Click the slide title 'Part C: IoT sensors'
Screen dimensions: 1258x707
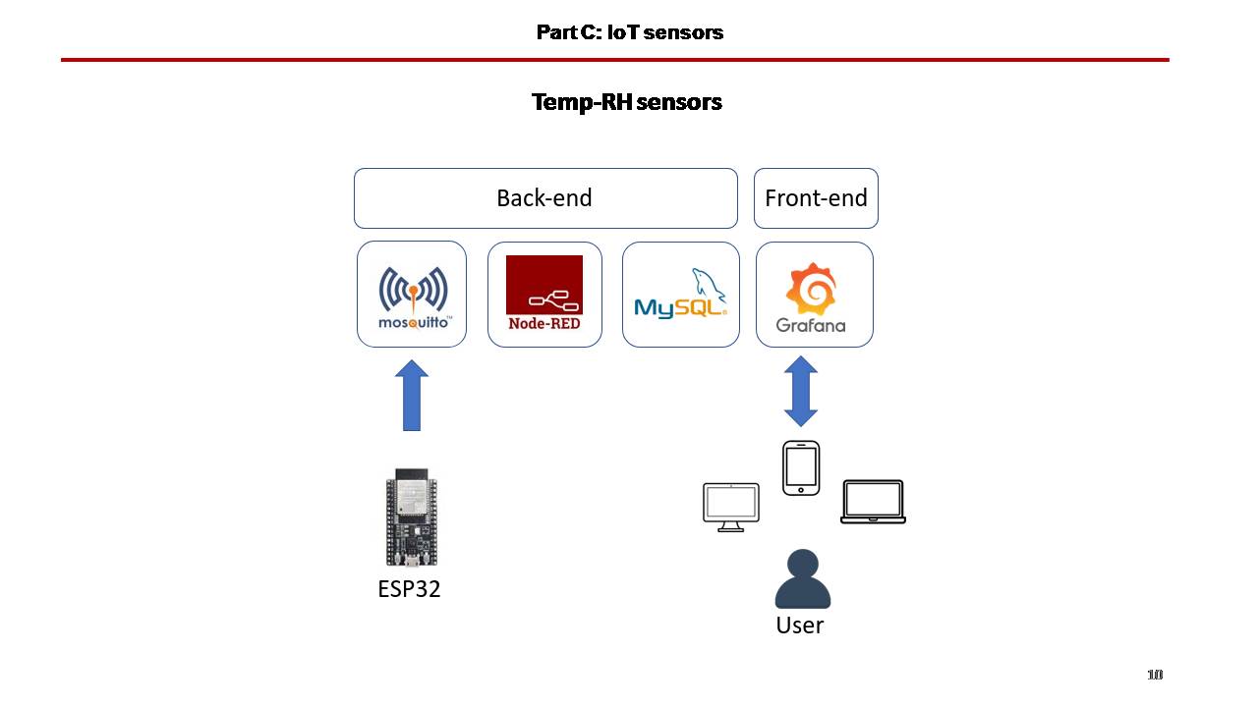(x=630, y=32)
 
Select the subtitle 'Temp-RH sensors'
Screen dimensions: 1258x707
(x=627, y=102)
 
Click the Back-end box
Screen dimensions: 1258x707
(x=545, y=198)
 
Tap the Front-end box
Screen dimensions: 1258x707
(x=816, y=198)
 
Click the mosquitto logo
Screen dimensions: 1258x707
(x=414, y=298)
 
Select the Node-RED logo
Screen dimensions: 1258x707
(x=544, y=293)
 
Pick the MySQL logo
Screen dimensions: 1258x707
(x=681, y=294)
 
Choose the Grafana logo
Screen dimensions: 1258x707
(x=811, y=298)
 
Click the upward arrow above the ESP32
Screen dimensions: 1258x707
(x=412, y=395)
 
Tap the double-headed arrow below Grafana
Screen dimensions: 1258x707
(x=801, y=391)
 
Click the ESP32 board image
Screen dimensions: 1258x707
(x=412, y=517)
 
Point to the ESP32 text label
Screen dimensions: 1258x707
(x=409, y=589)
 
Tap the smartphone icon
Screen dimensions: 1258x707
(x=801, y=468)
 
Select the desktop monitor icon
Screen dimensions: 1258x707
(x=731, y=508)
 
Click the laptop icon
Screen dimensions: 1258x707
(x=873, y=502)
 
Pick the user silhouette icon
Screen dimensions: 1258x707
(x=803, y=578)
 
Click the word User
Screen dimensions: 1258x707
(x=800, y=625)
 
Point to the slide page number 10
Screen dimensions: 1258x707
(x=1155, y=675)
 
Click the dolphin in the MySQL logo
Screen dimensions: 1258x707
(x=708, y=285)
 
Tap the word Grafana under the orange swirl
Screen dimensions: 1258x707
(x=811, y=325)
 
